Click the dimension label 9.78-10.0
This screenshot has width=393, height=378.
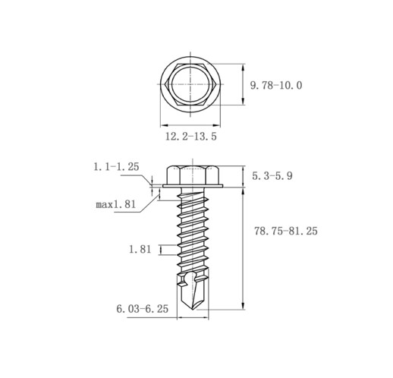tap(276, 85)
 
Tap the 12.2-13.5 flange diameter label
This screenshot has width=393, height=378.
tap(191, 137)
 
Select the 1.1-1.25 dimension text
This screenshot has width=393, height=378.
tap(116, 167)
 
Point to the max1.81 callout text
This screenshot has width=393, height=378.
tap(116, 204)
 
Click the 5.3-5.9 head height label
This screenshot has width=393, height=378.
tap(272, 175)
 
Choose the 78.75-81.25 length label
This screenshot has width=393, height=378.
tap(286, 231)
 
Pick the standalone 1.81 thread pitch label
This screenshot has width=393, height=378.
tap(140, 249)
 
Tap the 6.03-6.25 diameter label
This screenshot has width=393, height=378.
tap(143, 309)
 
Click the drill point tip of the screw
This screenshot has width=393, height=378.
tap(193, 310)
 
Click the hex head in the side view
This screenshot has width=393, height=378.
tap(193, 175)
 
